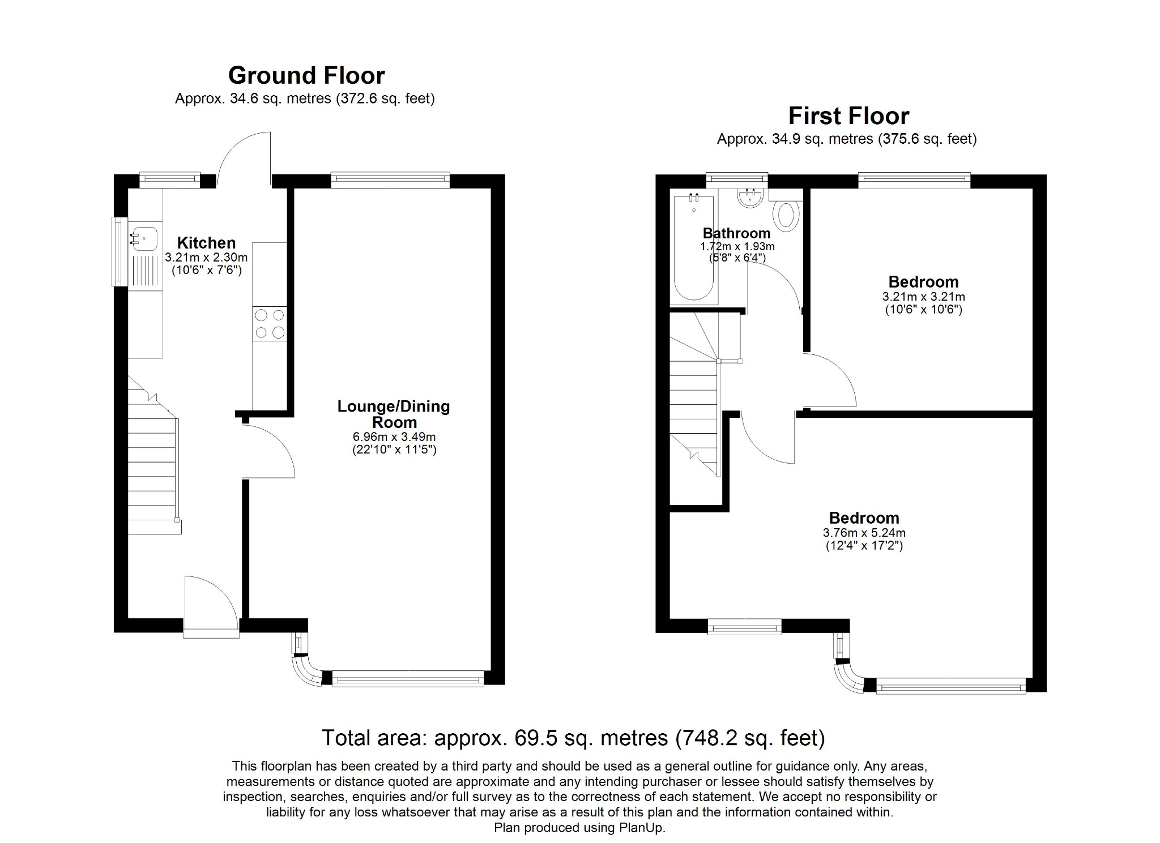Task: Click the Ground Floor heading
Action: pos(306,75)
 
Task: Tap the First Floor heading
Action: pos(848,116)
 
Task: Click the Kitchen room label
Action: pos(206,243)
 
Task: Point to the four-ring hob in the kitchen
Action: pos(270,324)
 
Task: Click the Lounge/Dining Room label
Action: pos(394,414)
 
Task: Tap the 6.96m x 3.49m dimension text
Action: pos(394,437)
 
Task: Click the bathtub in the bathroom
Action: pos(693,246)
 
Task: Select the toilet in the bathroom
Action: pos(787,216)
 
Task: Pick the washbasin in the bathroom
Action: pos(751,198)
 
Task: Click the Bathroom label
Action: pos(736,233)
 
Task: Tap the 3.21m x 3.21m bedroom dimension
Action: pos(923,297)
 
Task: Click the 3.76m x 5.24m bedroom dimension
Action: pos(864,533)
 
